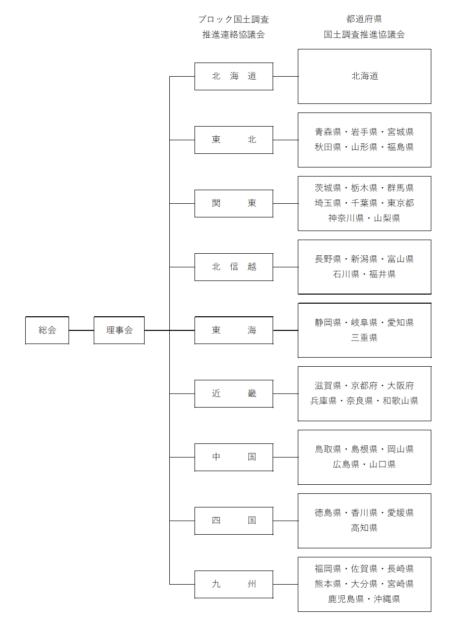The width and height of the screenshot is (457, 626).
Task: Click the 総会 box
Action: tap(47, 330)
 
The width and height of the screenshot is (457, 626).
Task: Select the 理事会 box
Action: tap(119, 330)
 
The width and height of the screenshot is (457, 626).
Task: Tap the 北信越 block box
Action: tap(234, 267)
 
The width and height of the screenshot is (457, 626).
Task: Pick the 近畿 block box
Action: tap(234, 393)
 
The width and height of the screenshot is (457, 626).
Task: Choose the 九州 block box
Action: tap(234, 584)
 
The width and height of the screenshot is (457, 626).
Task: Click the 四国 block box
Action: tap(234, 521)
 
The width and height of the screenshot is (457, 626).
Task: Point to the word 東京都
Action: tap(401, 203)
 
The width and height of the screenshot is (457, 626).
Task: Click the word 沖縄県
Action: tap(387, 599)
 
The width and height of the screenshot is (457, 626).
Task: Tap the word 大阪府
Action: tap(401, 386)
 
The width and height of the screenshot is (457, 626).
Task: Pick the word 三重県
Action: tap(364, 338)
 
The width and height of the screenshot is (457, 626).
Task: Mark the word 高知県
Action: tap(364, 528)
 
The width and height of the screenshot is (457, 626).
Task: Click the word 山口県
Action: tap(382, 465)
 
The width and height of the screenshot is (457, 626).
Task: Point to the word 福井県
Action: tap(382, 274)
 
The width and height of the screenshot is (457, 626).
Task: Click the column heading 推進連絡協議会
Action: tap(233, 35)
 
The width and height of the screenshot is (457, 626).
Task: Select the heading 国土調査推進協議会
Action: tap(364, 35)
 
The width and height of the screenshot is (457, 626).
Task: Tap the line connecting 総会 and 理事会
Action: tap(81, 330)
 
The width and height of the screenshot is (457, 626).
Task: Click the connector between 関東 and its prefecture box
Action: tap(285, 203)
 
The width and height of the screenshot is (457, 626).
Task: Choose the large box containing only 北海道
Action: tap(364, 76)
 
